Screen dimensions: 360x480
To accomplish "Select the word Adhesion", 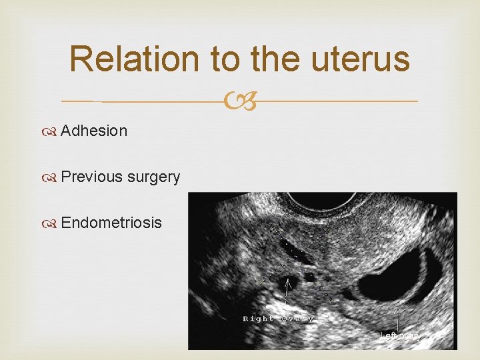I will coord(94,131).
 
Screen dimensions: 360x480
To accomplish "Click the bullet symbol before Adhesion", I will coord(52,131).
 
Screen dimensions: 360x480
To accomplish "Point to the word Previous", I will coord(91,177).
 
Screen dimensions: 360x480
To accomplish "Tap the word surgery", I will coord(153,177).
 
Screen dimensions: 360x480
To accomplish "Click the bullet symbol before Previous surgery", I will coord(52,177).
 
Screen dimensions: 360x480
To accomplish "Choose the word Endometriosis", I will coord(111,223).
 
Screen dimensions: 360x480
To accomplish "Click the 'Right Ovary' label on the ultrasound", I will coord(278,319).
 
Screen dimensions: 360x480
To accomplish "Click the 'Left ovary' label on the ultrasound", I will coord(400,335).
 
